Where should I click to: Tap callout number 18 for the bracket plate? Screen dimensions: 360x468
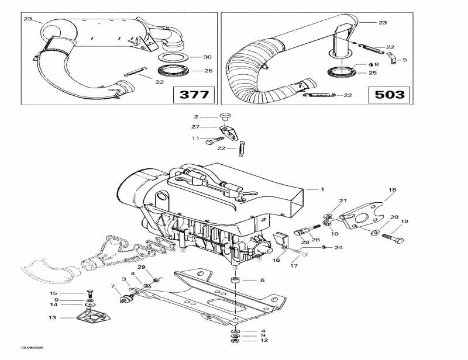(x=393, y=190)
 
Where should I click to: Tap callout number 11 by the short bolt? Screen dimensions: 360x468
(x=195, y=139)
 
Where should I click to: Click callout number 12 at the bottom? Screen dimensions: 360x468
(x=264, y=340)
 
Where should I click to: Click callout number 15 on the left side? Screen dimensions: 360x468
(x=53, y=293)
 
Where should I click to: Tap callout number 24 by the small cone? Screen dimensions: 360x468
(x=339, y=247)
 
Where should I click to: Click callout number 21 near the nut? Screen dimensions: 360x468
(x=343, y=200)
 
